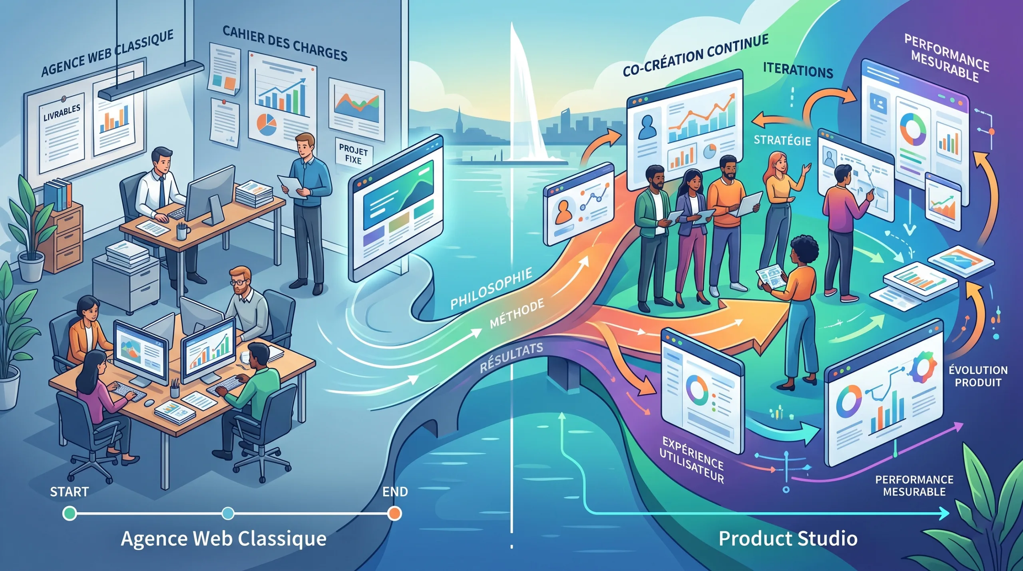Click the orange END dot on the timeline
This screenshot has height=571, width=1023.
[x=394, y=513]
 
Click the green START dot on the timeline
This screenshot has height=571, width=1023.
[x=70, y=513]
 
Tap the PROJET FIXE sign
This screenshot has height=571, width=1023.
[x=354, y=154]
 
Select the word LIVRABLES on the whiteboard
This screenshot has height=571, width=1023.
[x=62, y=112]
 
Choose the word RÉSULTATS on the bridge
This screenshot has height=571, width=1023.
[x=511, y=357]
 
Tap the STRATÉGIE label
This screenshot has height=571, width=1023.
[x=782, y=141]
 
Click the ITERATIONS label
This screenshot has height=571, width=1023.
[x=798, y=70]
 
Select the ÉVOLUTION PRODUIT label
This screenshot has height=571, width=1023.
[x=978, y=376]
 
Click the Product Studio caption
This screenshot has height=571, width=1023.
[x=788, y=538]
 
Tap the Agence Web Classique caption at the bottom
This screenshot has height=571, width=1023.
[x=223, y=538]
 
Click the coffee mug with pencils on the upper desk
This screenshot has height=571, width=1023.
[x=182, y=231]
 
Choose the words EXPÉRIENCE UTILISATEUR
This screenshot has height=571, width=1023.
[x=691, y=460]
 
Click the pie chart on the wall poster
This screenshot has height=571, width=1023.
[x=266, y=123]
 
